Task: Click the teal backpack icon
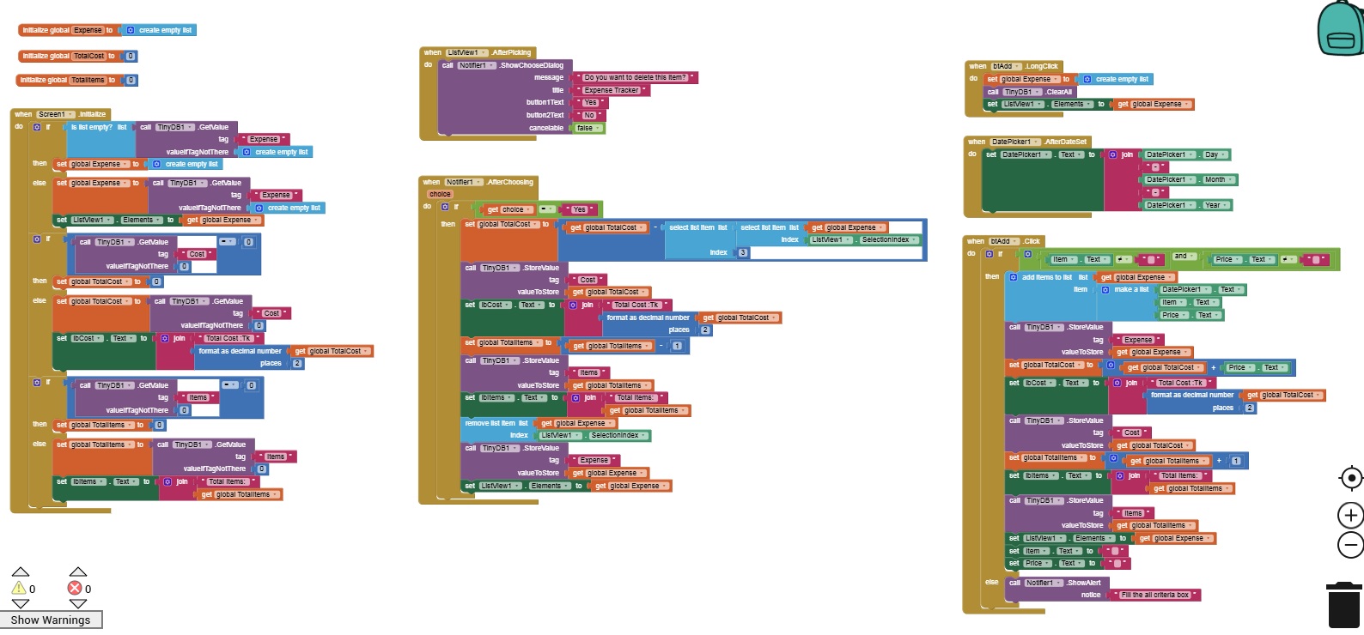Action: pyautogui.click(x=1340, y=29)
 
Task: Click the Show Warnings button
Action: pyautogui.click(x=51, y=620)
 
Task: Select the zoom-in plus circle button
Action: pyautogui.click(x=1350, y=515)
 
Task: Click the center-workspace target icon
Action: pyautogui.click(x=1350, y=478)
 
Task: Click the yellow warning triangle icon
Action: pyautogui.click(x=18, y=588)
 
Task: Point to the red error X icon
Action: pyautogui.click(x=75, y=588)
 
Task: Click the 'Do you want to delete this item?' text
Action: pyautogui.click(x=635, y=77)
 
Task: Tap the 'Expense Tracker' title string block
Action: pyautogui.click(x=612, y=90)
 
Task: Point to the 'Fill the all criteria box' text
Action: pyautogui.click(x=1154, y=595)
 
